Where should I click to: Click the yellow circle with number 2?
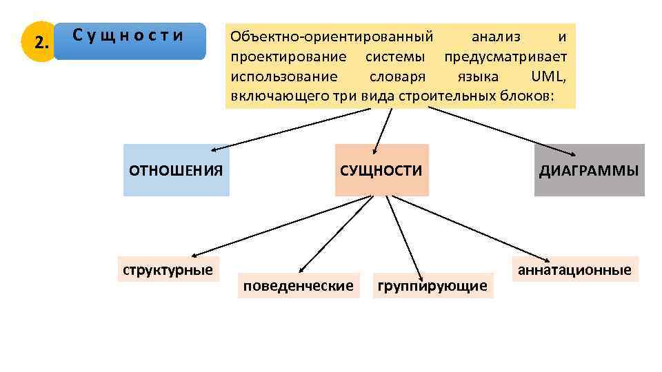pos(41,43)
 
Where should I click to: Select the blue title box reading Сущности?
pos(130,41)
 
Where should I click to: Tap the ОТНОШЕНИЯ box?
pos(176,170)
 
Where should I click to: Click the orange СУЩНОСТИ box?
pos(381,170)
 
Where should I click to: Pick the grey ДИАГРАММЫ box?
pos(589,170)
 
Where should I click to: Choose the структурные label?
pos(168,269)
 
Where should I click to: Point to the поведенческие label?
pos(299,285)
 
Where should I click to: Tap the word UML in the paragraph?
pos(549,75)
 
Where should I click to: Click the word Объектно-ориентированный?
pos(332,36)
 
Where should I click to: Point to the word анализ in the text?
pos(496,36)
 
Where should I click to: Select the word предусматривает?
pos(505,55)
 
